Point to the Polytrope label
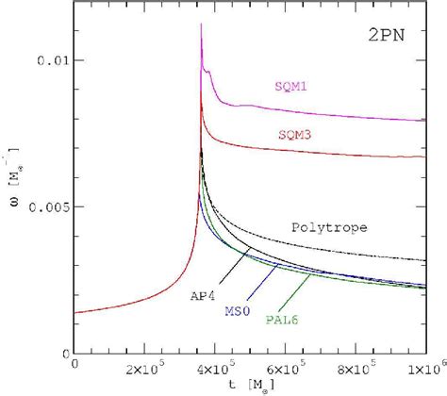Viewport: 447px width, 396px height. coord(327,227)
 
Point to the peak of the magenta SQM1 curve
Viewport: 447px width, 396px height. coord(201,25)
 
